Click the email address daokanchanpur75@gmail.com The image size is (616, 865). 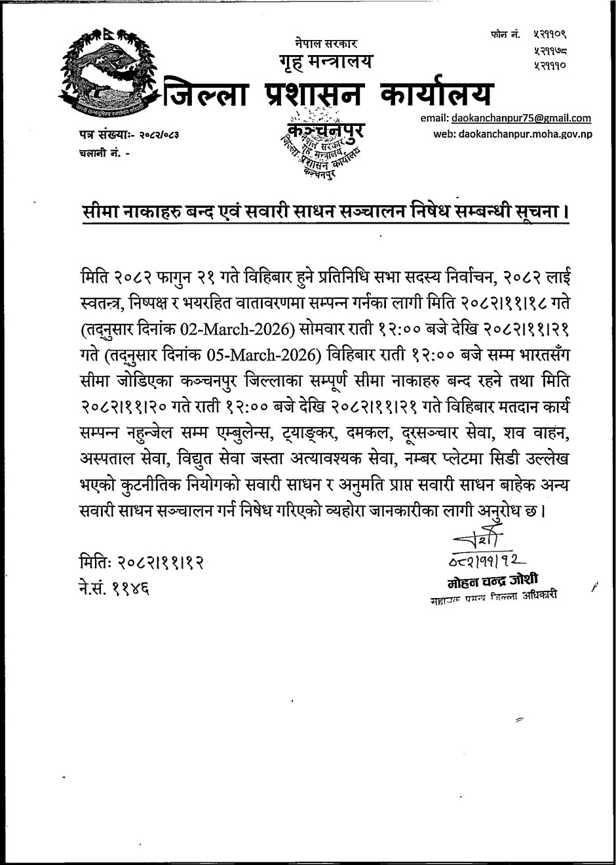[521, 119]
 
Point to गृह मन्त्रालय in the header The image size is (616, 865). [324, 62]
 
